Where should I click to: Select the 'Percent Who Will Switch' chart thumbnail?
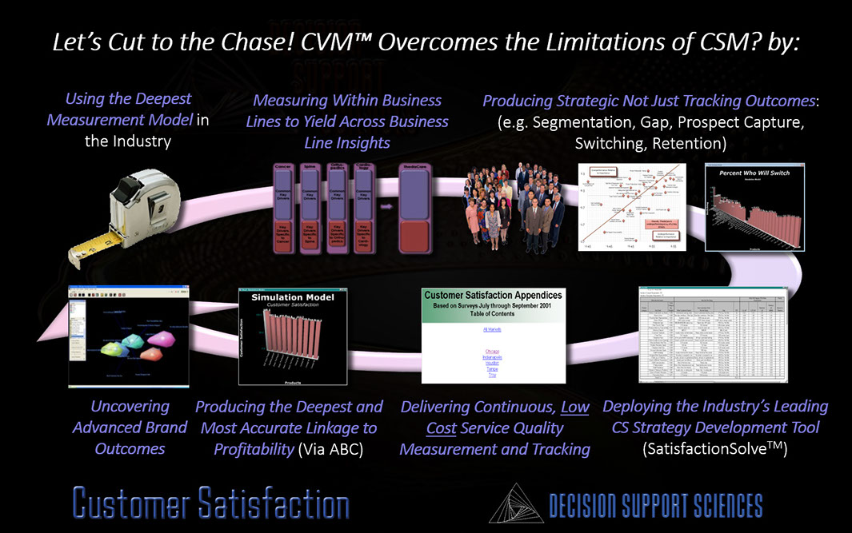754,207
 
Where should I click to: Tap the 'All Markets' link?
494,328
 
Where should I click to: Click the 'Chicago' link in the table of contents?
493,350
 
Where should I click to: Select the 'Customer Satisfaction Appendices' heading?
493,295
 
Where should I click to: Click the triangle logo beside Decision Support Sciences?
515,503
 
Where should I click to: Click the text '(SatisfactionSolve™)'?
715,449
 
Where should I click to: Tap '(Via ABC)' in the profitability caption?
330,449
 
